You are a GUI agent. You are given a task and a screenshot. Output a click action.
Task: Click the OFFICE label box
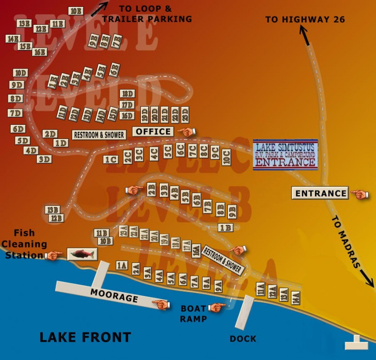[x=153, y=132]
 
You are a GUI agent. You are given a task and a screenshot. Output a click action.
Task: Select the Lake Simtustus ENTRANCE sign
[x=285, y=155]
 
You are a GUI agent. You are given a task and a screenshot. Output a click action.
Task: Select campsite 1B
[x=226, y=228]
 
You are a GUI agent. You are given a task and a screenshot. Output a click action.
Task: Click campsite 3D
[x=44, y=159]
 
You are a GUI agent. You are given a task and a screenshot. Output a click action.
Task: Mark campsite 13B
[x=52, y=210]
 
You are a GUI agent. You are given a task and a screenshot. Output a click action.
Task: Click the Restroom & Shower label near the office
[x=99, y=135]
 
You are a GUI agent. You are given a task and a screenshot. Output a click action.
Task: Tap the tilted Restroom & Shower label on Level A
[x=223, y=259]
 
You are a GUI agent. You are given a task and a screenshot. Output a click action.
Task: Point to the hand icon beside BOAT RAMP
[x=218, y=307]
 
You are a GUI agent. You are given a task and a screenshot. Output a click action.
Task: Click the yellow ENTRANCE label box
[x=321, y=193]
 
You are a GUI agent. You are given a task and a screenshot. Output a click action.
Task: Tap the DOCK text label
[x=243, y=338]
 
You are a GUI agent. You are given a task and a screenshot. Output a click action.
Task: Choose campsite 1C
[x=111, y=159]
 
